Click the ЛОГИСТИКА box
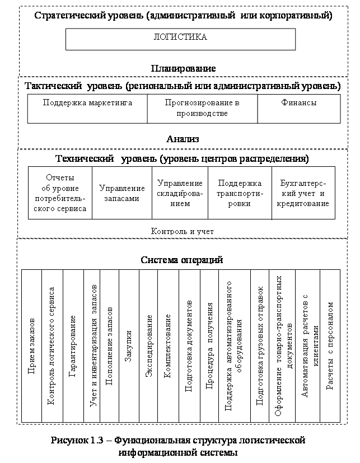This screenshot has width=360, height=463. [180, 39]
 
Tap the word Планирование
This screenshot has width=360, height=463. [183, 68]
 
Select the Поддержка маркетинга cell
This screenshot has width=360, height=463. [87, 104]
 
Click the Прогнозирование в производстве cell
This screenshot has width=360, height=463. [202, 108]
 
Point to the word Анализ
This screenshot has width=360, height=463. [183, 138]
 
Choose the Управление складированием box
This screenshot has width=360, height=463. [180, 193]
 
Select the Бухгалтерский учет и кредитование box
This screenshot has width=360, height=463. [303, 193]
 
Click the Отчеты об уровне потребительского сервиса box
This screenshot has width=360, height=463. [60, 193]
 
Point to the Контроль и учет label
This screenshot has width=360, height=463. [183, 231]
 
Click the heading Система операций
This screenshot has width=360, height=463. [182, 260]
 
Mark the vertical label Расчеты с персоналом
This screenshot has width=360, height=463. [330, 347]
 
